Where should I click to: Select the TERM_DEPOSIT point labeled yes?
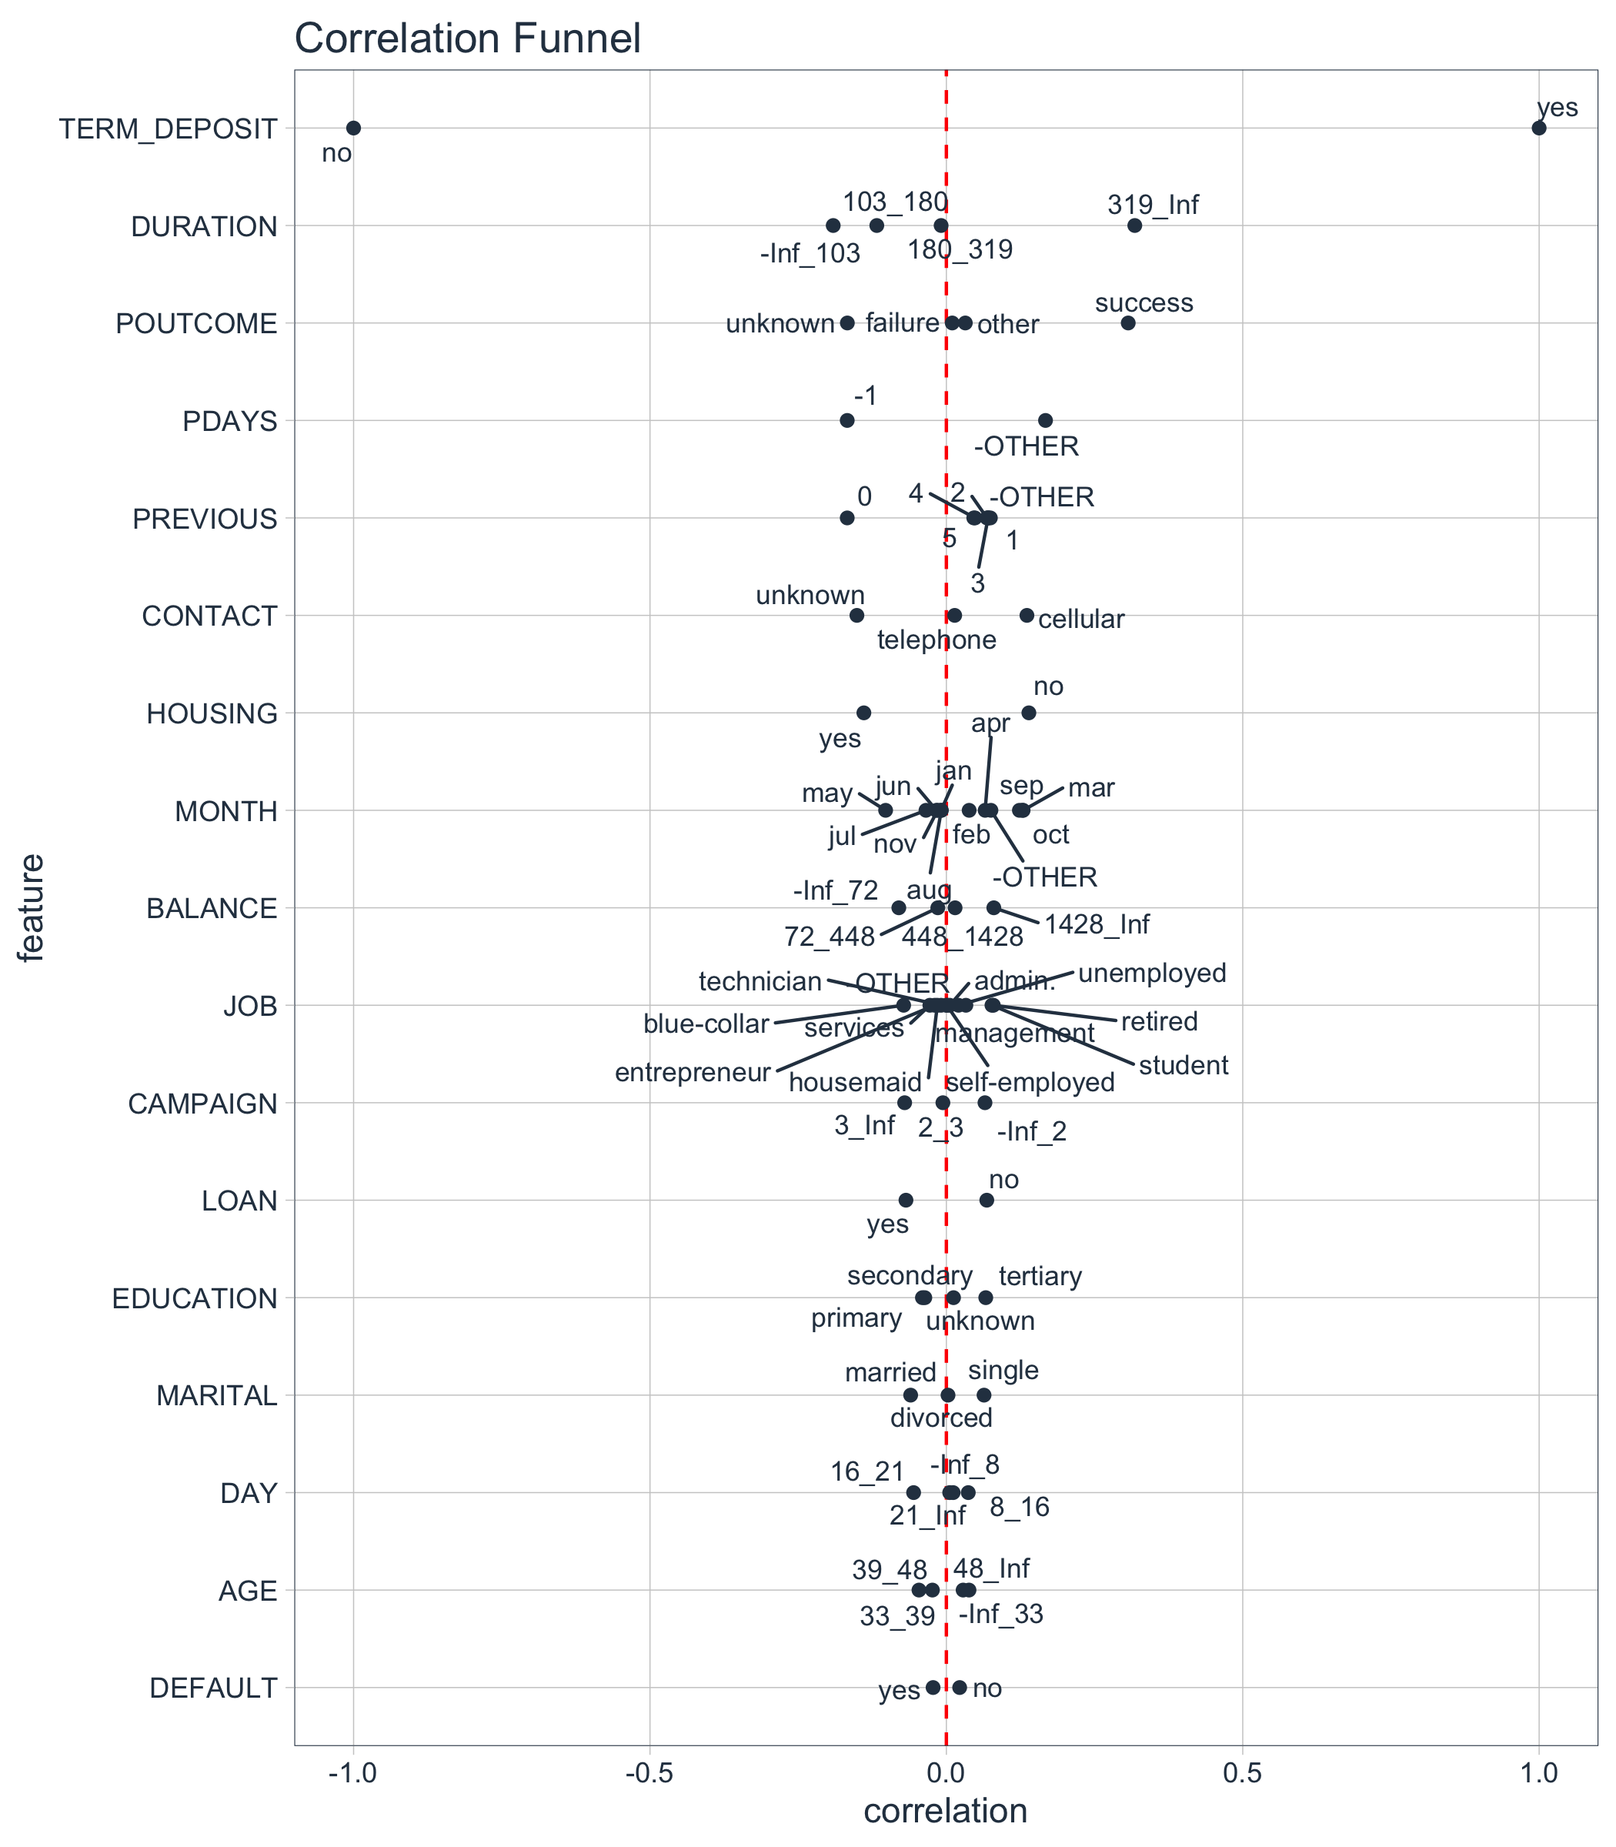(x=1538, y=128)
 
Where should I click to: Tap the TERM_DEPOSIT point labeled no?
(x=353, y=128)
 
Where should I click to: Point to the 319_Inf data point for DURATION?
(x=1134, y=225)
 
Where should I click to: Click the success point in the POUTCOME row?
(x=1127, y=323)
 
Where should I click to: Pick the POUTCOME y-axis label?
(x=196, y=324)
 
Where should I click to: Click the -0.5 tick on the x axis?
(x=649, y=1774)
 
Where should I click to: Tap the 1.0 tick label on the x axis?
(x=1538, y=1774)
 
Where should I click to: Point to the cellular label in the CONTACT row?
(x=1080, y=620)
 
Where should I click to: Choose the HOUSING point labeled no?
(x=1028, y=713)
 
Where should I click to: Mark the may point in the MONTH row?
(x=886, y=810)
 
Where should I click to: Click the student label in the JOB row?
(x=1184, y=1065)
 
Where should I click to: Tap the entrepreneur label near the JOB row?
(x=693, y=1072)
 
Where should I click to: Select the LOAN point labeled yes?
(x=906, y=1200)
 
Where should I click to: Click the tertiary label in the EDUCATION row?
(x=1040, y=1276)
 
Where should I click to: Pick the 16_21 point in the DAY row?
(x=913, y=1491)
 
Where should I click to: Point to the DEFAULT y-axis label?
(x=214, y=1688)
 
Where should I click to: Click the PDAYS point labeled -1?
(x=846, y=420)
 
